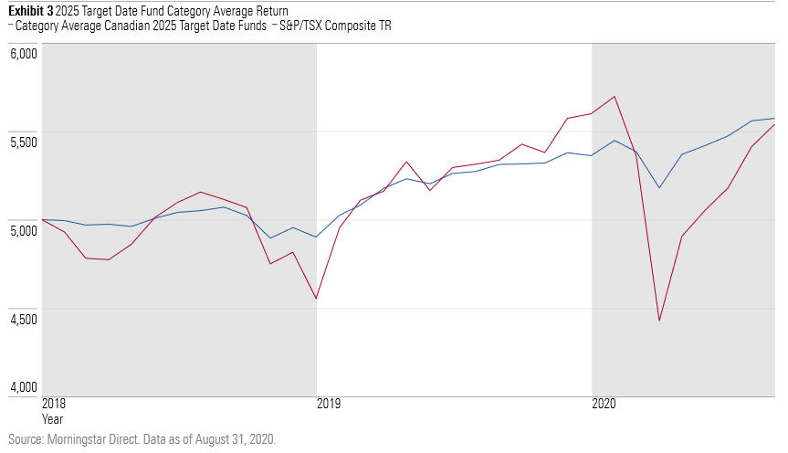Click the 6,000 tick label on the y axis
[23, 53]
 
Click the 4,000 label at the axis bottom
[23, 388]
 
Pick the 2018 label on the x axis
[55, 404]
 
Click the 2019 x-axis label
[329, 404]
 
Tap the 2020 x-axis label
[604, 404]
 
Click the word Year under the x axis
[53, 418]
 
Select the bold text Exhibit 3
[30, 11]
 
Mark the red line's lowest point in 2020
[658, 321]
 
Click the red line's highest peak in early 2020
[615, 97]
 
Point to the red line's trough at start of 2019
[316, 299]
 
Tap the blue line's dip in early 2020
[658, 188]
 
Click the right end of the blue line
[774, 119]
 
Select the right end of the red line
[774, 124]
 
